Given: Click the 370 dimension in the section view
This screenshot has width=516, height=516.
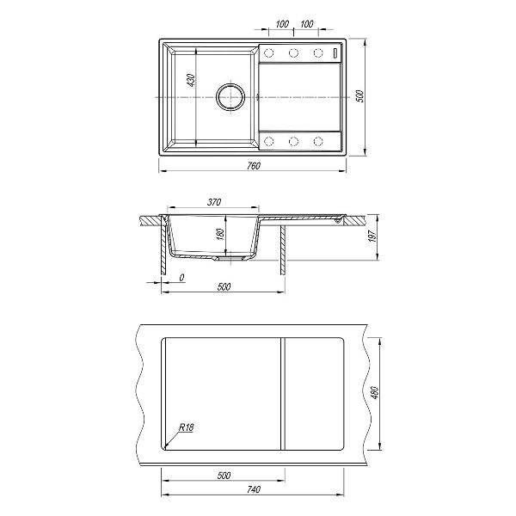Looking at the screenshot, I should point(214,202).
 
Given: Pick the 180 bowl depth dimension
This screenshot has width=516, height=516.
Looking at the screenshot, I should point(220,234).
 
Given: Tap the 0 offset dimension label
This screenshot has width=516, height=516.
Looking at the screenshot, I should point(181,278).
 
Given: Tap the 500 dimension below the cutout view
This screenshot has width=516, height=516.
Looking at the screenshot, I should point(224,475).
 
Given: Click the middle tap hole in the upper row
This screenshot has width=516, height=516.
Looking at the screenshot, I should point(293,53).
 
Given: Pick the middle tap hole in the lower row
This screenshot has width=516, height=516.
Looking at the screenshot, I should point(293,140).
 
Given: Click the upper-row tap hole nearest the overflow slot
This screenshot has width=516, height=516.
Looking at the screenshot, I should point(317,53).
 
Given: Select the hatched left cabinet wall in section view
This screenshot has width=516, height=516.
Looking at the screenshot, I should point(163,249).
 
